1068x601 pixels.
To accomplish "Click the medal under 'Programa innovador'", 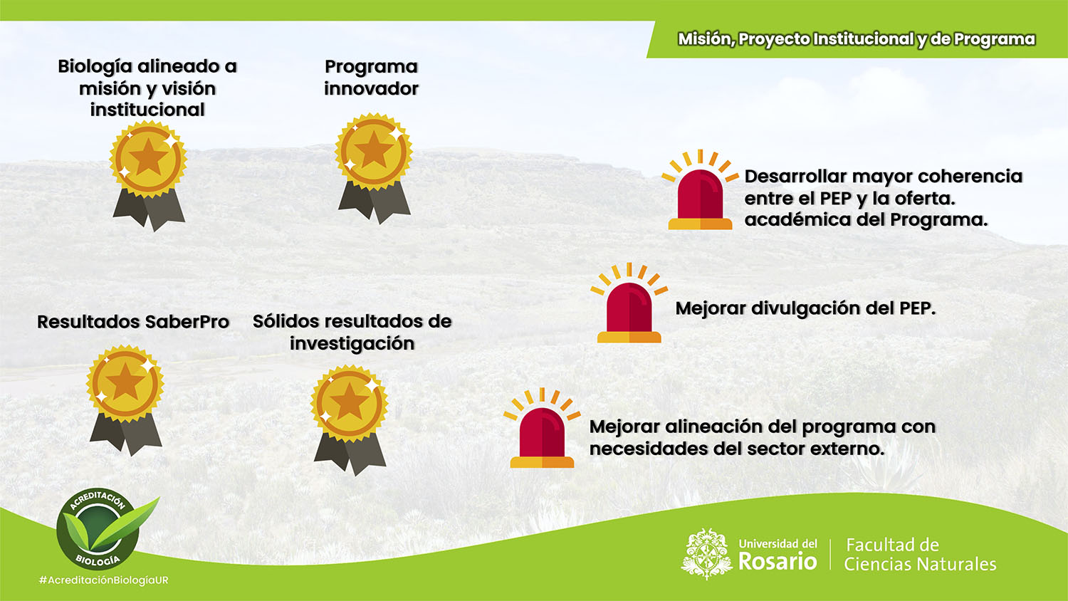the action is [x=374, y=168].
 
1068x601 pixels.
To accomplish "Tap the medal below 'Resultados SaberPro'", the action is [x=125, y=399].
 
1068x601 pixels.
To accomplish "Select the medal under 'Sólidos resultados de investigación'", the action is [x=350, y=420].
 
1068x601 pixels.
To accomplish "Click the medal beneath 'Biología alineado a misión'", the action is [x=148, y=176].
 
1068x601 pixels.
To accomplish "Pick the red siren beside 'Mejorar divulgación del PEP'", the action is [x=629, y=303].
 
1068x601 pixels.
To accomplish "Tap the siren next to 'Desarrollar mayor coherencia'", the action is [x=700, y=189].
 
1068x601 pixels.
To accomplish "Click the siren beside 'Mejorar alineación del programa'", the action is [x=542, y=427].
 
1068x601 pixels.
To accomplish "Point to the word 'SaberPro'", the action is [x=187, y=322].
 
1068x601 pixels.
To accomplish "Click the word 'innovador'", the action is [x=371, y=89].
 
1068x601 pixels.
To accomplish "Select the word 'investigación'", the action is [x=352, y=344].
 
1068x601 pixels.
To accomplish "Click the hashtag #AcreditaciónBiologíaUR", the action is [x=103, y=580].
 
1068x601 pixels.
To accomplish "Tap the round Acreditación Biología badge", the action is [x=98, y=529].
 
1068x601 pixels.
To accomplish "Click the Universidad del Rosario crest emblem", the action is [x=706, y=554].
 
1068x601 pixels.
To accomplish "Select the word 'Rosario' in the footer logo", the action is [x=778, y=561].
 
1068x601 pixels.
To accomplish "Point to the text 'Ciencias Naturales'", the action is [x=920, y=564].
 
